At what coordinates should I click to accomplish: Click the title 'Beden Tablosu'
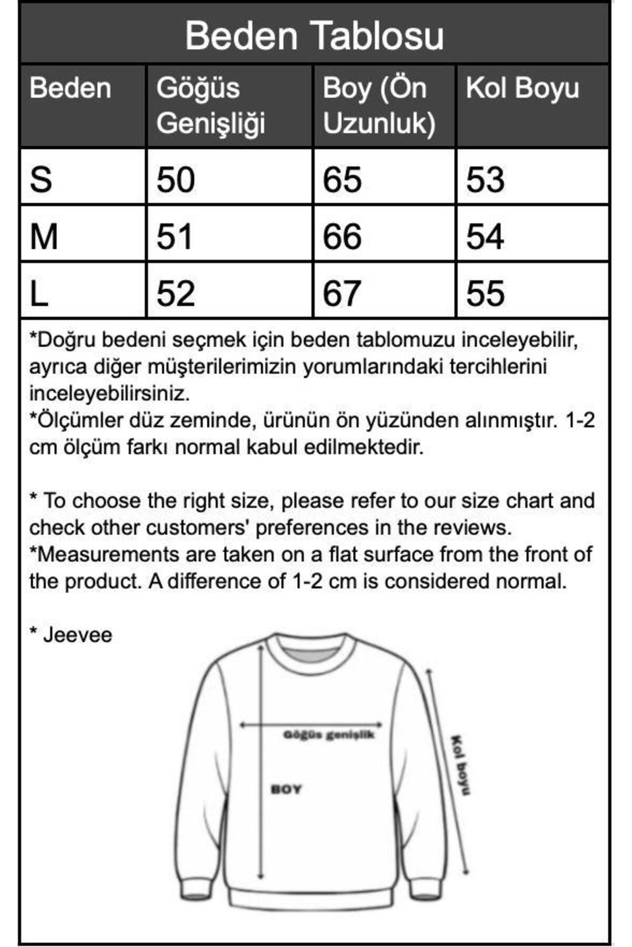314,36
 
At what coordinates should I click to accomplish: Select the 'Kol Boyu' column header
522,88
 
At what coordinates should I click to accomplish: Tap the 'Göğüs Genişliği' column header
211,105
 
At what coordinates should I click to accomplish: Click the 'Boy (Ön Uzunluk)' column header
379,105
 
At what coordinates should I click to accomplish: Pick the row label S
41,179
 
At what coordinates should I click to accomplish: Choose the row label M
44,236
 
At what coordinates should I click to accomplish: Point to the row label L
39,293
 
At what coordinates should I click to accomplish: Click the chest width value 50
176,179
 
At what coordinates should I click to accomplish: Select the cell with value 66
342,236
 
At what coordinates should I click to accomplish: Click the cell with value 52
176,293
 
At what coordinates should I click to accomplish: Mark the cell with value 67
342,293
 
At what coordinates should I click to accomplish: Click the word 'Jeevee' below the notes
77,634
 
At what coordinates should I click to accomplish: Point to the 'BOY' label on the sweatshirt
286,789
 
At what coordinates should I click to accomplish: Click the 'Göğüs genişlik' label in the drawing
329,735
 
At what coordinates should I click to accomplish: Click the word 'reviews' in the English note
476,528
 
